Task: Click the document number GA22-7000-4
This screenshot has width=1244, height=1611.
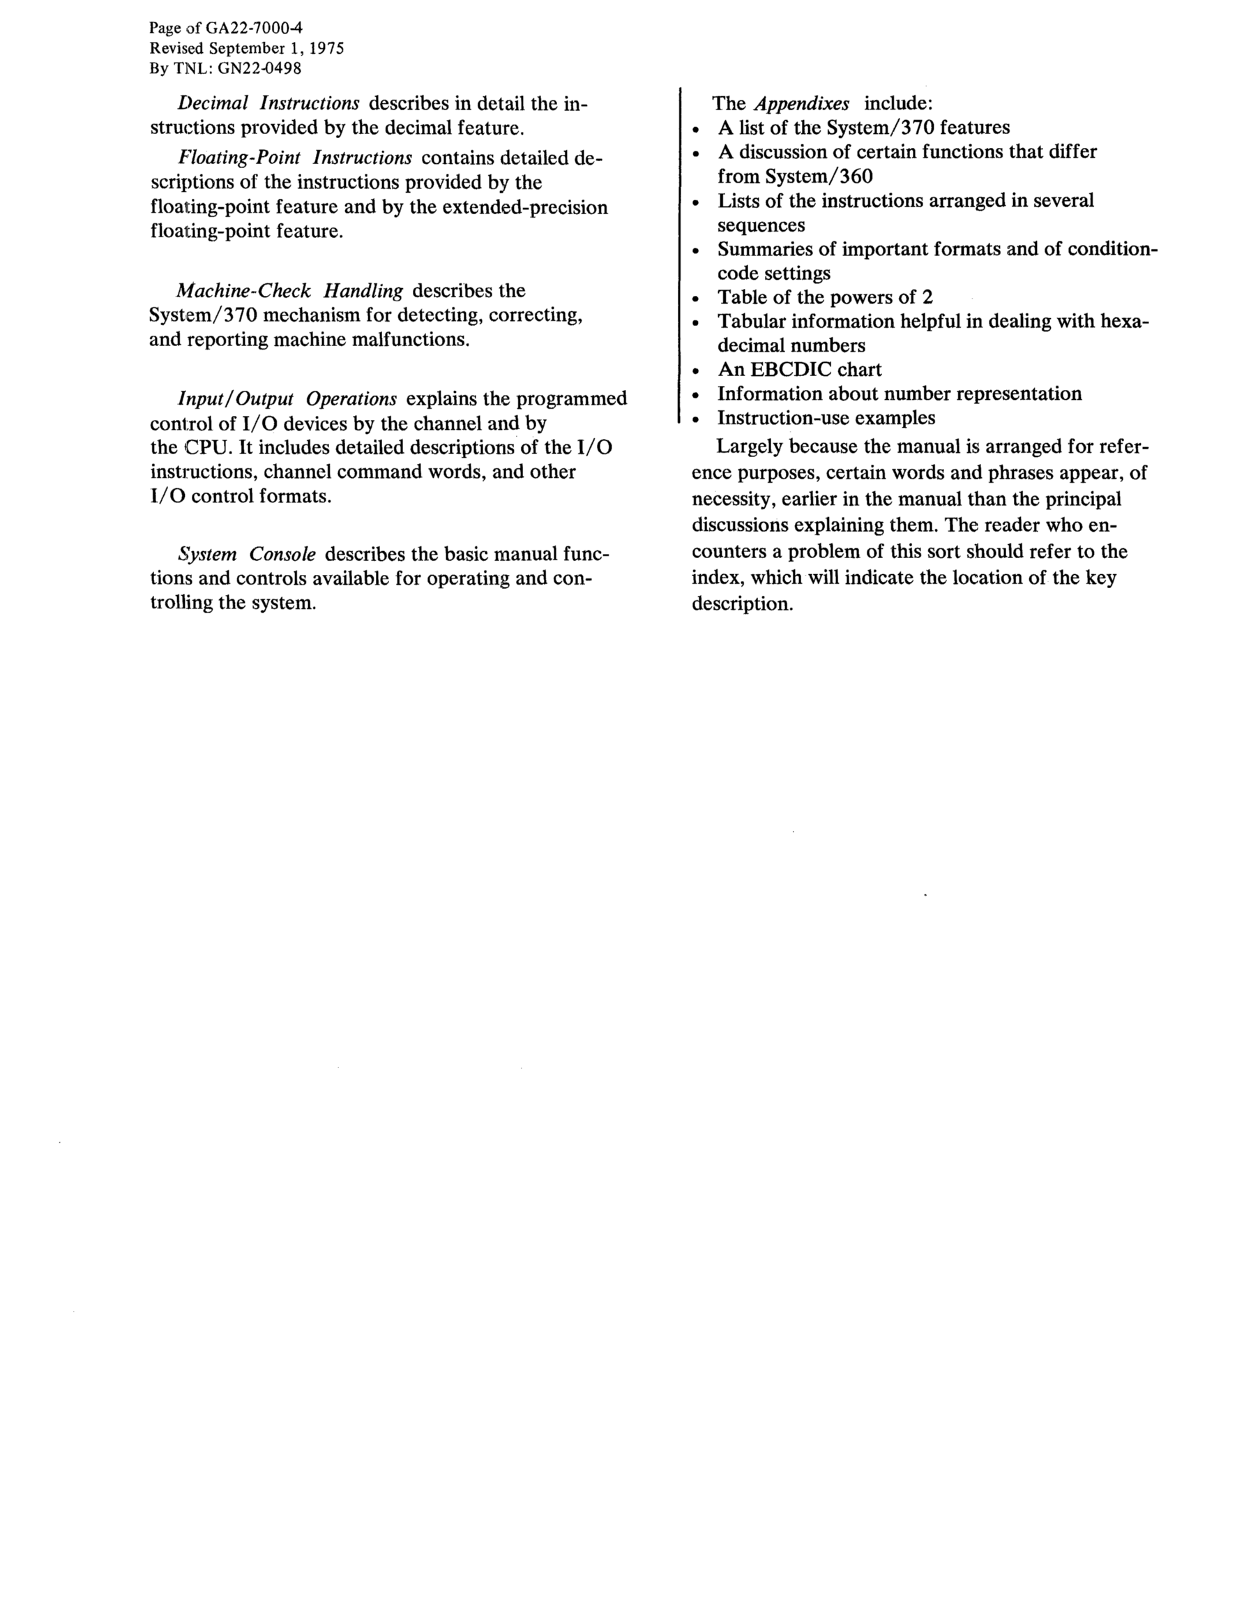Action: click(x=257, y=29)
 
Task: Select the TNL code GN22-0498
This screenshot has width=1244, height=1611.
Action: click(x=259, y=68)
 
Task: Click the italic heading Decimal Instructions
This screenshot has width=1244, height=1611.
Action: click(x=269, y=103)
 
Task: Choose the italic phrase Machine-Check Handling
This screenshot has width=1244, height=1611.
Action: click(x=290, y=291)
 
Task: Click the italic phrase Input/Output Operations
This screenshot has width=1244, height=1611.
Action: click(x=287, y=399)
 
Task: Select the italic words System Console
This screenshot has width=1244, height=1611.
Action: click(x=247, y=554)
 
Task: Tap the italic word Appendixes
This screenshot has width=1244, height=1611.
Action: click(x=802, y=103)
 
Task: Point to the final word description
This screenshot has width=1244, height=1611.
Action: click(x=742, y=604)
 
